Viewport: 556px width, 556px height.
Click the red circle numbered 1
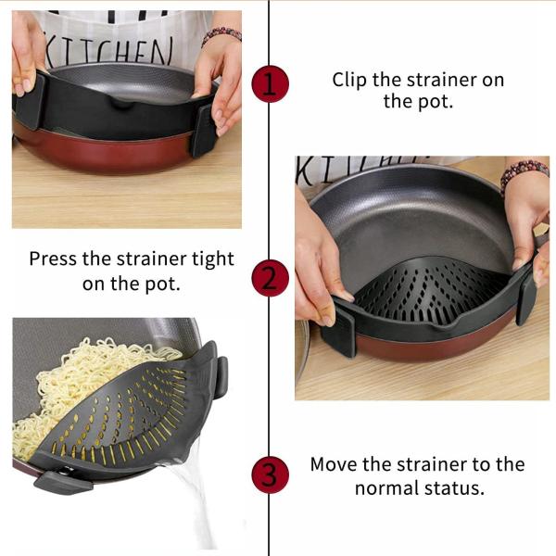270,84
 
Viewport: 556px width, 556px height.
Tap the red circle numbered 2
270,278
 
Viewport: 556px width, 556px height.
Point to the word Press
54,259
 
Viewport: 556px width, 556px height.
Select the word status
455,487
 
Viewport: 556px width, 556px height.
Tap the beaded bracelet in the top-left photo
221,34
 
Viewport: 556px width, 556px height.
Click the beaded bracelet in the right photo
524,171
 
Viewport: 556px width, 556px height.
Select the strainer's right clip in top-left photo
202,130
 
